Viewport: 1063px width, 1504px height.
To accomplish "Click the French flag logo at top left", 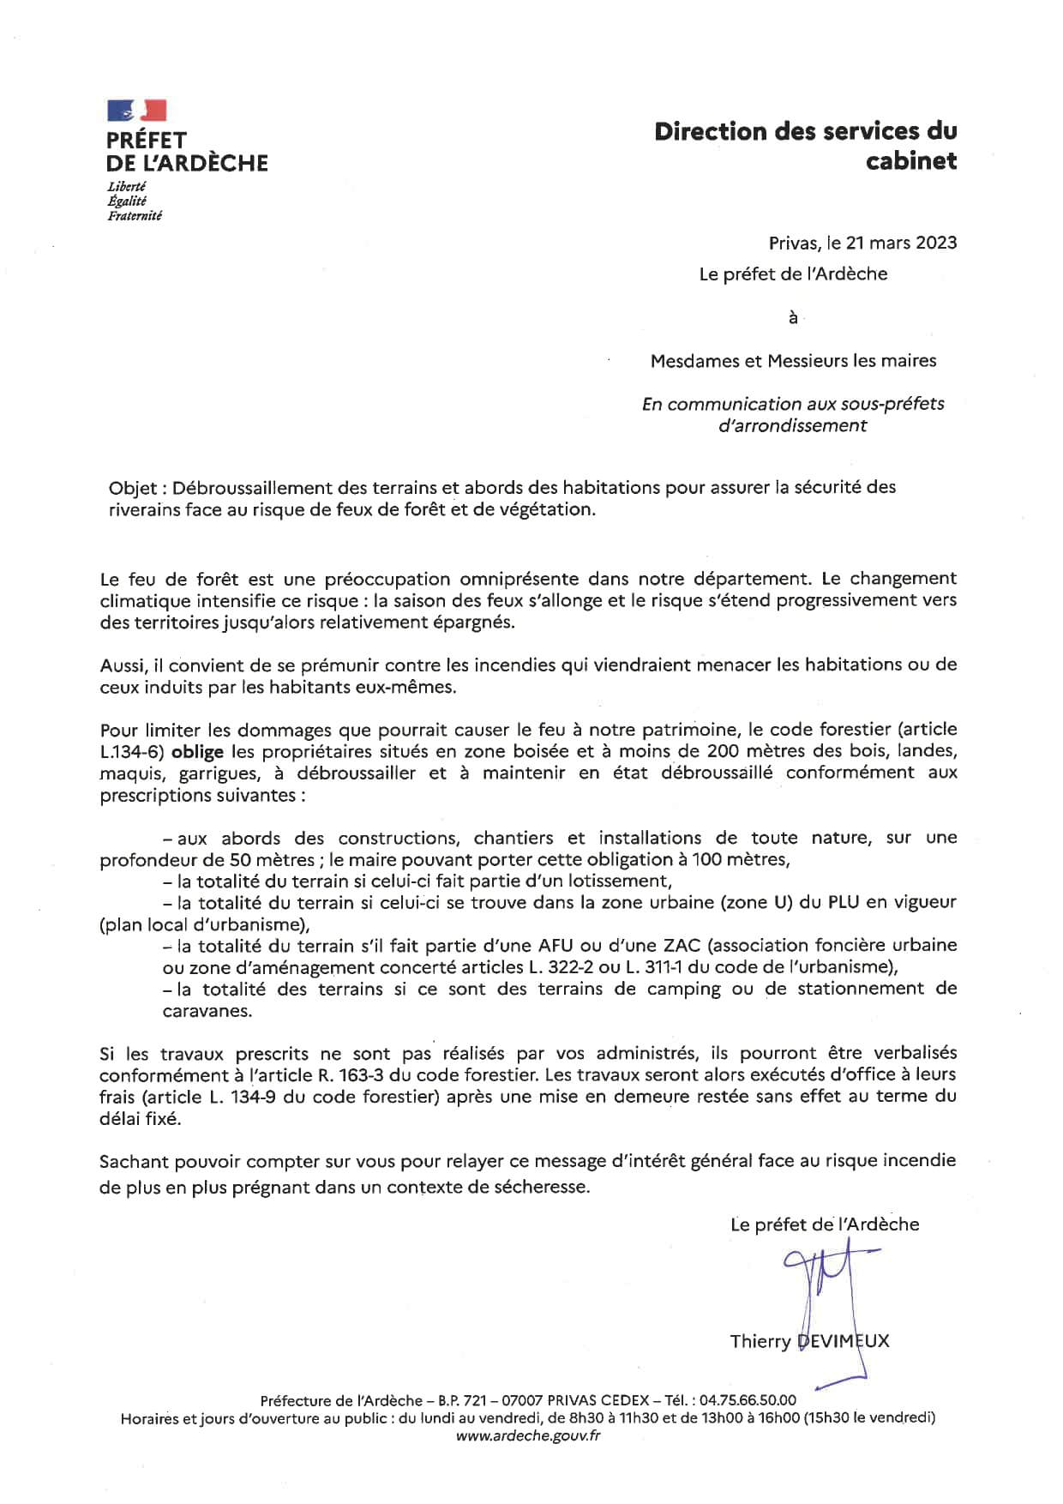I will pyautogui.click(x=136, y=110).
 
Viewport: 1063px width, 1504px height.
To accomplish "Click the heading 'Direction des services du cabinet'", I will pyautogui.click(x=805, y=146).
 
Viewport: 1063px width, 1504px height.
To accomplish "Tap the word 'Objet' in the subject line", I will pyautogui.click(x=133, y=488).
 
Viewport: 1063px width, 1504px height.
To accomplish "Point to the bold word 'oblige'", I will pyautogui.click(x=198, y=752).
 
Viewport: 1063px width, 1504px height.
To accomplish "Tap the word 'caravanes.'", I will pyautogui.click(x=207, y=1011).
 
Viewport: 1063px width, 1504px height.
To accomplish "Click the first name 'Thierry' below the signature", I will pyautogui.click(x=760, y=1341).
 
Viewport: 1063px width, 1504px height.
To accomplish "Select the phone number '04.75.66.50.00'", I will pyautogui.click(x=748, y=1401).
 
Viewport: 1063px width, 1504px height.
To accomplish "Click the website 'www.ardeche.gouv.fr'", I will pyautogui.click(x=528, y=1436).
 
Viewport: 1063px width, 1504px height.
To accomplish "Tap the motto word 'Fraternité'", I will pyautogui.click(x=135, y=216).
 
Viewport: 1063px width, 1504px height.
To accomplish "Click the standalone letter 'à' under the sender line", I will pyautogui.click(x=793, y=318).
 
